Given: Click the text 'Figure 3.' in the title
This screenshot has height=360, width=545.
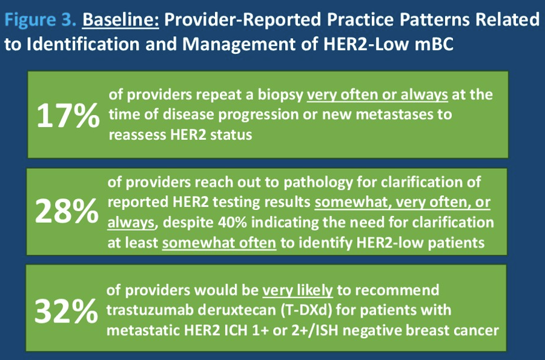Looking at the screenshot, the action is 41,20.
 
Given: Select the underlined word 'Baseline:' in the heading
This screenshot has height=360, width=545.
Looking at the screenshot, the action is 121,19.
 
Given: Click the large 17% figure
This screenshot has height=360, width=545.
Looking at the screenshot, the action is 68,116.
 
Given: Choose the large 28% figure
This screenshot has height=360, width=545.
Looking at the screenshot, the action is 67,211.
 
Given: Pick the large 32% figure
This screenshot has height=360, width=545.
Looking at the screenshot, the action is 66,311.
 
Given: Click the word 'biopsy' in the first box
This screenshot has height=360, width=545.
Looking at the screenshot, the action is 280,96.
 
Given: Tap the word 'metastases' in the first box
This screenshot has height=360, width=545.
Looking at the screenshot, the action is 397,114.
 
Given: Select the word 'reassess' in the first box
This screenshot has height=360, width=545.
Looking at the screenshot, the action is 137,135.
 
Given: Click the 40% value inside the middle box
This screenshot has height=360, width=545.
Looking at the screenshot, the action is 233,223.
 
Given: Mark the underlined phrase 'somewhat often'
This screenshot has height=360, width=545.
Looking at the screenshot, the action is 219,243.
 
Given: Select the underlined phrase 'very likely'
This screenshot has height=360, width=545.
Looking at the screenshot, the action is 297,290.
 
